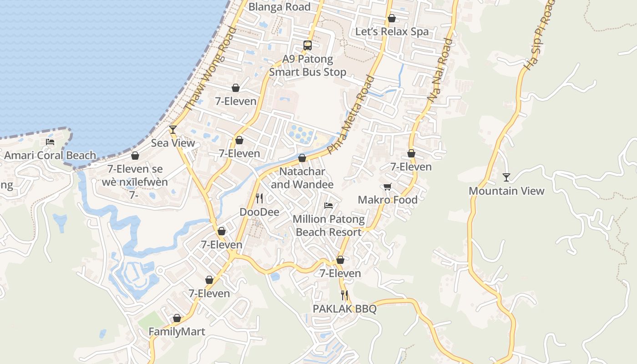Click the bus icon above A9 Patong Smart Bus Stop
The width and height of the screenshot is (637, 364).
pos(308,45)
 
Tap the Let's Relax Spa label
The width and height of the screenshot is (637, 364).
pos(392,31)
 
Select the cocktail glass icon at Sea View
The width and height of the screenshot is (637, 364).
pos(173,130)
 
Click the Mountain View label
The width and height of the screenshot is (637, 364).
pos(506,191)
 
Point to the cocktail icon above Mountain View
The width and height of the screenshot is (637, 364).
pos(506,177)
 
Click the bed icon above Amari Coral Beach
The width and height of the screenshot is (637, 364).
pos(50,142)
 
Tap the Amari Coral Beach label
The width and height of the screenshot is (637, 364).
pos(50,155)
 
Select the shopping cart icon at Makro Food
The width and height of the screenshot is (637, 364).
pos(388,187)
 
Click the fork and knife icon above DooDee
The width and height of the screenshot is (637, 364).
pos(259,198)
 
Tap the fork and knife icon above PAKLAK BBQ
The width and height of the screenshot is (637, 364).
pos(344,295)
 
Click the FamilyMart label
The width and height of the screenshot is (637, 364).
pos(177,332)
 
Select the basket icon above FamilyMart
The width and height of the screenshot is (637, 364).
pos(177,318)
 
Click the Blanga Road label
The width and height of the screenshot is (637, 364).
pos(279,7)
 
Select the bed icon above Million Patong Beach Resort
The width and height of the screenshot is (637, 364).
pos(329,206)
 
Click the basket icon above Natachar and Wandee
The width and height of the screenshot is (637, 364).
pos(302,158)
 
